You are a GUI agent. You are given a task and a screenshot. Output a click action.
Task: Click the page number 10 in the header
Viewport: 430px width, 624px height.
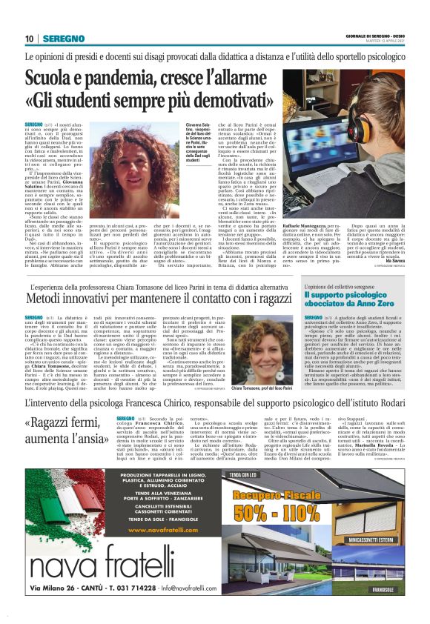29,38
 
